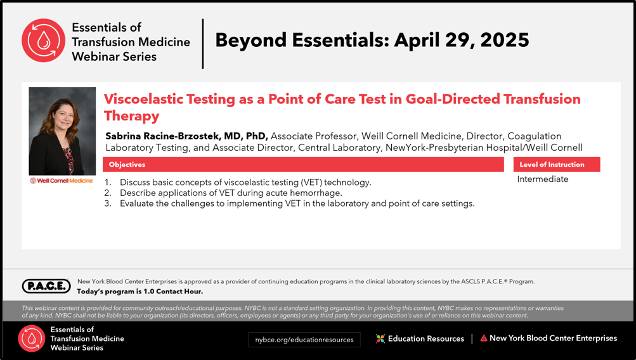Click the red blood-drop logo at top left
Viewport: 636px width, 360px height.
(x=43, y=41)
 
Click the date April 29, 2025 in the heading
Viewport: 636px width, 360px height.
(x=462, y=40)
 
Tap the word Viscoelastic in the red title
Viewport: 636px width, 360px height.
(x=169, y=100)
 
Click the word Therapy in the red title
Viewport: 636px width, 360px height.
(x=131, y=116)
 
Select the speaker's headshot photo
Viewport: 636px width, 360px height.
(x=63, y=131)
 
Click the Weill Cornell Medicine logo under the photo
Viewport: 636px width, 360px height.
(x=62, y=181)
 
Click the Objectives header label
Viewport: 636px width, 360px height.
(x=127, y=165)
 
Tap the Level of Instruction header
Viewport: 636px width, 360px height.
(x=552, y=165)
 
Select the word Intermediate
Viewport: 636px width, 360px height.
(x=543, y=179)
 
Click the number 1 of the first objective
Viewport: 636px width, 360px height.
(x=108, y=183)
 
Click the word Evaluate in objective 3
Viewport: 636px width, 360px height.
(x=136, y=203)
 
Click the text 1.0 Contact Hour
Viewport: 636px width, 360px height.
(x=173, y=292)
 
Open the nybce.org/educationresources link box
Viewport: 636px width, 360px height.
(x=304, y=340)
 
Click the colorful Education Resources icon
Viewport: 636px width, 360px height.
(x=380, y=338)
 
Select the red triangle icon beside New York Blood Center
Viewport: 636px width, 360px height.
(x=483, y=338)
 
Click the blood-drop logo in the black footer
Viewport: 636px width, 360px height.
(x=31, y=338)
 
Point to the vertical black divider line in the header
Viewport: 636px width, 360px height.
(x=203, y=44)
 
